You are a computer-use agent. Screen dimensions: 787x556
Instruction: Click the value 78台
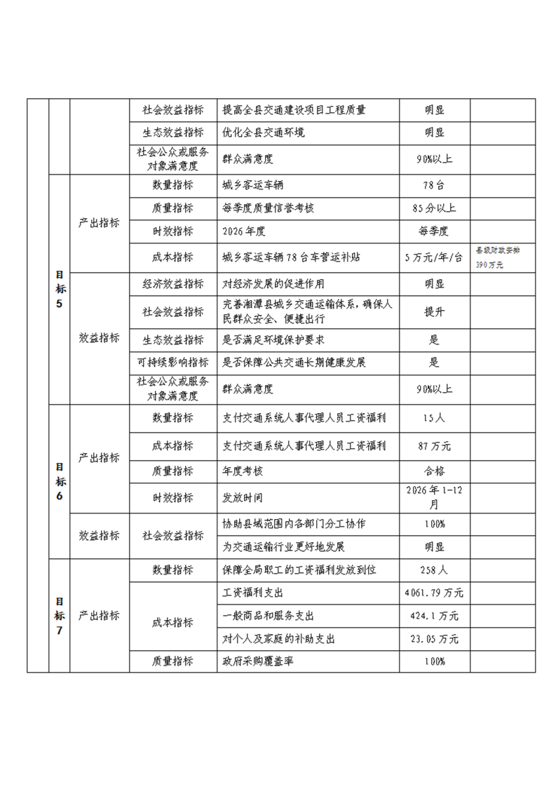[434, 185]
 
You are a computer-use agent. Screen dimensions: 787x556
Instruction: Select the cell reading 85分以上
[434, 208]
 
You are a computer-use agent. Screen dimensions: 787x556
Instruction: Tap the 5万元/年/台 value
[434, 257]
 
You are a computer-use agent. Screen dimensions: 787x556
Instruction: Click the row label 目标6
[60, 480]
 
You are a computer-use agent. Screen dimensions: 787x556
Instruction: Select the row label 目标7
[60, 616]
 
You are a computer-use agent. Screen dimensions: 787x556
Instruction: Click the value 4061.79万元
[434, 593]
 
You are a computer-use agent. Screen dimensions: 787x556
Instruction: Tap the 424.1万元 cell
[434, 617]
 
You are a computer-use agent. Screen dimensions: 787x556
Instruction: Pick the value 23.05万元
[434, 639]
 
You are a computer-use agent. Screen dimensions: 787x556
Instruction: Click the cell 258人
[434, 570]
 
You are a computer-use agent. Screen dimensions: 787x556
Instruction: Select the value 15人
[434, 418]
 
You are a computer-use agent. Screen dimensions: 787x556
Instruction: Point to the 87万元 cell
[434, 446]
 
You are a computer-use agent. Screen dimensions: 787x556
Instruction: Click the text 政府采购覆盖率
[255, 661]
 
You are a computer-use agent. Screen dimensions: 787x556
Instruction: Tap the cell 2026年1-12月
[434, 497]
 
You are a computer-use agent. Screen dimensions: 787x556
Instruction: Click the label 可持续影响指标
[173, 363]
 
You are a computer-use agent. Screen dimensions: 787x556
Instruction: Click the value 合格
[434, 471]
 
